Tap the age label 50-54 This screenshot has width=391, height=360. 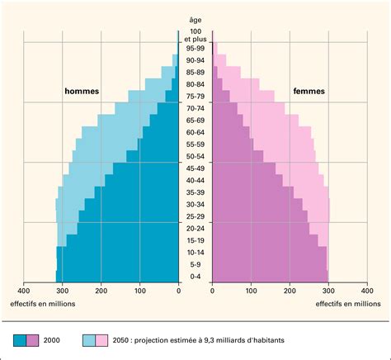[195, 156]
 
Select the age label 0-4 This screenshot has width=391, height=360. [195, 277]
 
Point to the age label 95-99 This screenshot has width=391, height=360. [195, 48]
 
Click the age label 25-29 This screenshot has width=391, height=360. [195, 216]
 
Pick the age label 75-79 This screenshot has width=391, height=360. [195, 96]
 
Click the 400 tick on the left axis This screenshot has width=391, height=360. [24, 291]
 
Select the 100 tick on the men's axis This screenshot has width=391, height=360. [140, 291]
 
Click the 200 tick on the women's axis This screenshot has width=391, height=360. [290, 291]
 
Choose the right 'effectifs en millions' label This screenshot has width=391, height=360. [348, 304]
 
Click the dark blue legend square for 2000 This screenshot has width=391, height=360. [19, 339]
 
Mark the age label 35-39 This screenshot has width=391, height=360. [195, 192]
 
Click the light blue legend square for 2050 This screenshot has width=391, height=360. [89, 339]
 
